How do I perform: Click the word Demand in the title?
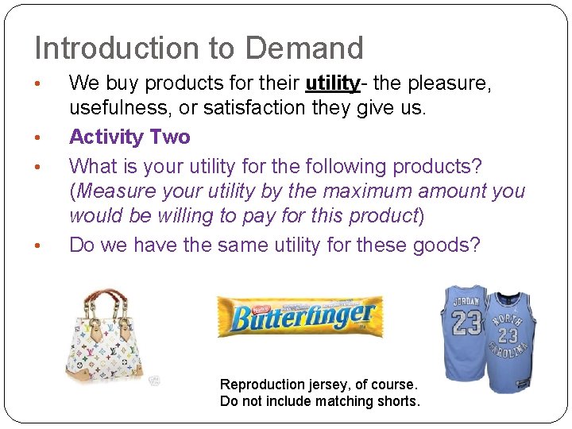point(304,48)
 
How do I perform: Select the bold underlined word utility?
point(333,83)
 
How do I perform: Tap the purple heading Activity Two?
point(129,137)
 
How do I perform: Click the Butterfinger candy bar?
point(301,316)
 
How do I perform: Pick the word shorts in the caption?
point(400,401)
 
